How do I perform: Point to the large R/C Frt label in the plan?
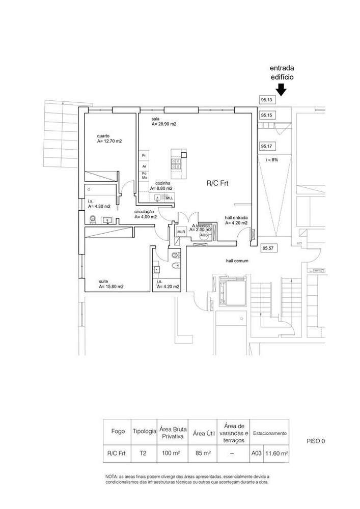point(217,183)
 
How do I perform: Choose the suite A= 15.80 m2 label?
point(111,284)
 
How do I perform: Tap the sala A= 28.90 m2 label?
point(163,121)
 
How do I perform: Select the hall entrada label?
point(236,220)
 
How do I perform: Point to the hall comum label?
point(237,261)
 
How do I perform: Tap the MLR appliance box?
point(181,232)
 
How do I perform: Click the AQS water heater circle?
point(204,235)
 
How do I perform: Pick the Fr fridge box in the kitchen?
point(144,155)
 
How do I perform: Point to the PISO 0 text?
point(316,441)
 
